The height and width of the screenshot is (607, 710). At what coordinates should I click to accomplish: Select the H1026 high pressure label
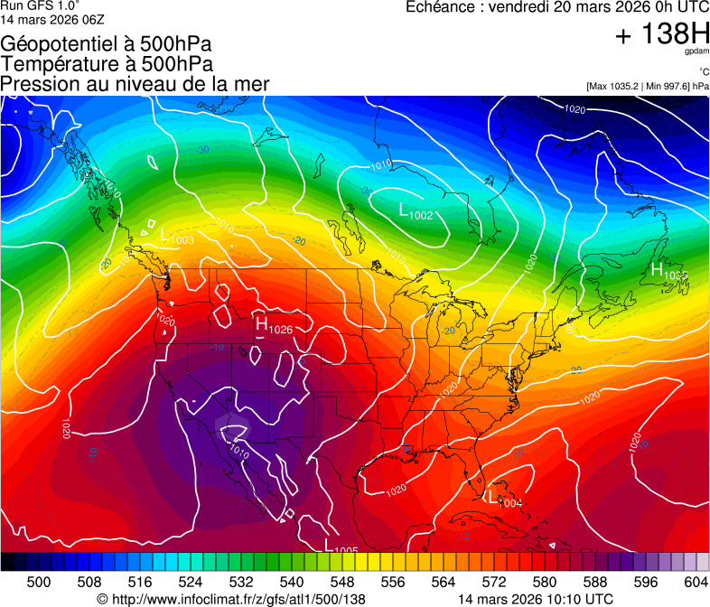[274, 325]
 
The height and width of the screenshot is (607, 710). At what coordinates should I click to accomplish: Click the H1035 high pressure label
[668, 270]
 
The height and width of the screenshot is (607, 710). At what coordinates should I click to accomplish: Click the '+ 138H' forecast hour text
[662, 34]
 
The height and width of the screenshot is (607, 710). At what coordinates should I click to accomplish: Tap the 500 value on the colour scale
[38, 581]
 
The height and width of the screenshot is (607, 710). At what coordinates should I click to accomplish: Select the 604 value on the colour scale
[695, 581]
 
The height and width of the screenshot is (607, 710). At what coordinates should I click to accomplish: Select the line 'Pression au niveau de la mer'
[135, 84]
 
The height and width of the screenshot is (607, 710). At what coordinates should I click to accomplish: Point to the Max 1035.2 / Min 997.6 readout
[647, 86]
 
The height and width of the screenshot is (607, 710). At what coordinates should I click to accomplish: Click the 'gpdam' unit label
[696, 51]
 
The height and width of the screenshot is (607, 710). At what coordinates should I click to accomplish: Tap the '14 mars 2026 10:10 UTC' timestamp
[536, 598]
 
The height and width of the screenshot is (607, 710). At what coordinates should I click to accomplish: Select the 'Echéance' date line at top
[557, 7]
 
